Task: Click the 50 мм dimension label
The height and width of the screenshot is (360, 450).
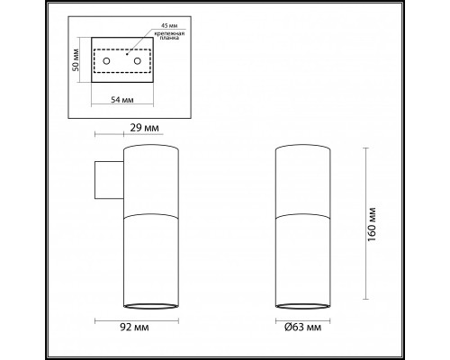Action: point(78,59)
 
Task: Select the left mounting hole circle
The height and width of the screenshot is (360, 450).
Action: point(108,61)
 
